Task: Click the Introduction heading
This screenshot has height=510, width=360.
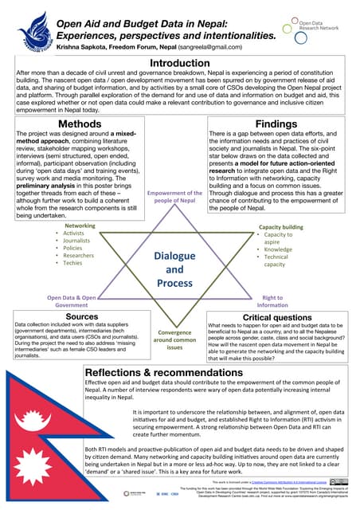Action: [x=180, y=64]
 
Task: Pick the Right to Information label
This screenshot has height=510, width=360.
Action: [x=272, y=301]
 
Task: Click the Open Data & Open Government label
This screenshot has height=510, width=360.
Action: [x=72, y=301]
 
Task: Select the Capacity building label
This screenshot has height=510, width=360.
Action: [x=281, y=227]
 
